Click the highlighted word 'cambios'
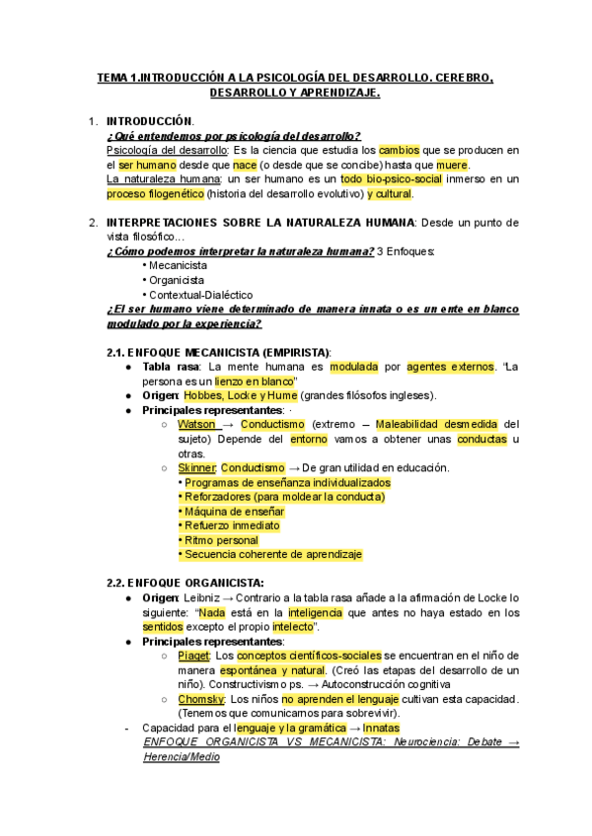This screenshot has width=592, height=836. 400,150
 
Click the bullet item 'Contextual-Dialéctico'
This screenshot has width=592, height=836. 197,294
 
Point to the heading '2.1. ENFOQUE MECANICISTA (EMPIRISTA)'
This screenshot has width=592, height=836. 219,352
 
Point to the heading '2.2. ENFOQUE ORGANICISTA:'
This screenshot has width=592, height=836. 185,584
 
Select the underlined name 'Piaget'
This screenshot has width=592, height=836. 193,656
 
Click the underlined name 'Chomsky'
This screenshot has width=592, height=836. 200,699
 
